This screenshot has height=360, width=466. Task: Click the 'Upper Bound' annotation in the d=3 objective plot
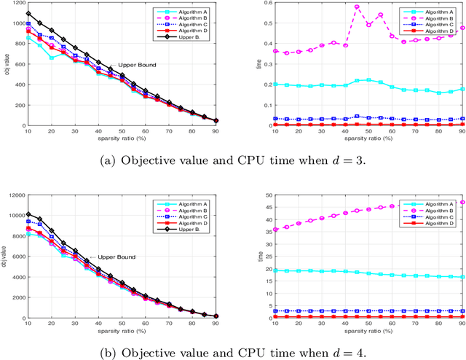(x=138, y=65)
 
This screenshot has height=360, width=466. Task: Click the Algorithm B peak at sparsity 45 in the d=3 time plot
(x=357, y=7)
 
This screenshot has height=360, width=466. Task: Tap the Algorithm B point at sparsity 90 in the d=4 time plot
(x=462, y=203)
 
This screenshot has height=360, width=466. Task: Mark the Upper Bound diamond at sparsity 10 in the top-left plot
(x=28, y=13)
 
